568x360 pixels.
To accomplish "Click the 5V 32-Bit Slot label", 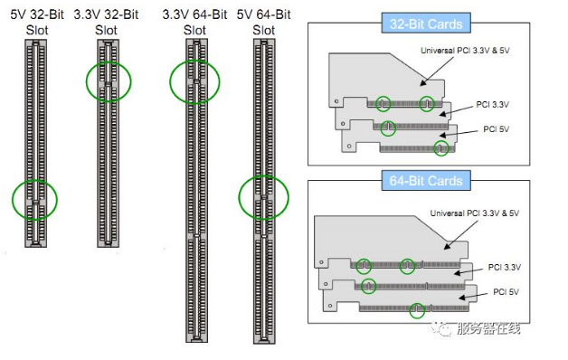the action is point(37,22).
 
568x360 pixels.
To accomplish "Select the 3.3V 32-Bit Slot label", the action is point(106,22).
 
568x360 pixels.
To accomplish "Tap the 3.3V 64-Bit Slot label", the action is point(194,22).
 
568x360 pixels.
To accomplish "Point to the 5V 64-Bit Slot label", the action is point(264,22).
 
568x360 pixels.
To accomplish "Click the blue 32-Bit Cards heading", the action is point(426,24).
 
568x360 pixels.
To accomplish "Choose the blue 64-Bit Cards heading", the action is point(426,181).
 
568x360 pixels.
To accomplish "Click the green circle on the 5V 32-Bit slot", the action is point(13,200).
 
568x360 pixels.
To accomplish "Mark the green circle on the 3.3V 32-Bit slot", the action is point(87,81).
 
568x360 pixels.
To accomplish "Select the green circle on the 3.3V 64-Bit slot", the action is point(170,81).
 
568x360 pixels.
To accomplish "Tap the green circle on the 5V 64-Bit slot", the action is point(240,197).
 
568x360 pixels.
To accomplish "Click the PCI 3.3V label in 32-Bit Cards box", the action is point(492,105).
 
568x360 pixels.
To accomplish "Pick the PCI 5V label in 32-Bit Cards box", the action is point(496,129).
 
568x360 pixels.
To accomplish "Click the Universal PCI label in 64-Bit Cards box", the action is point(475,213).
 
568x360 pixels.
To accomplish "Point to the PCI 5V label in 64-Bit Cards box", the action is point(506,292).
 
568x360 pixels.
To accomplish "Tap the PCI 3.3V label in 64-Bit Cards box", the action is point(505,267).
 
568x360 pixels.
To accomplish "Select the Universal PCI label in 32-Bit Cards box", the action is point(465,51).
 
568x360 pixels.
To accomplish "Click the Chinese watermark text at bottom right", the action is point(488,328).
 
